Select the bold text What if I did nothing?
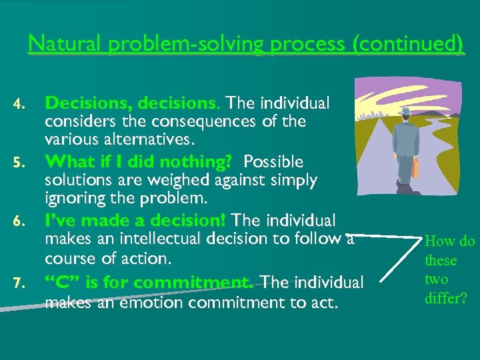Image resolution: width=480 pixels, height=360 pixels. tap(138, 162)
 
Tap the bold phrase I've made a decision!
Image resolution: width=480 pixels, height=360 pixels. tap(135, 220)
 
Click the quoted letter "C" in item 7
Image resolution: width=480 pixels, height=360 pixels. tap(59, 283)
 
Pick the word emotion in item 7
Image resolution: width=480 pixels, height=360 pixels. tap(155, 303)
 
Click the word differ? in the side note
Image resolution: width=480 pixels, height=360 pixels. tap(446, 299)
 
